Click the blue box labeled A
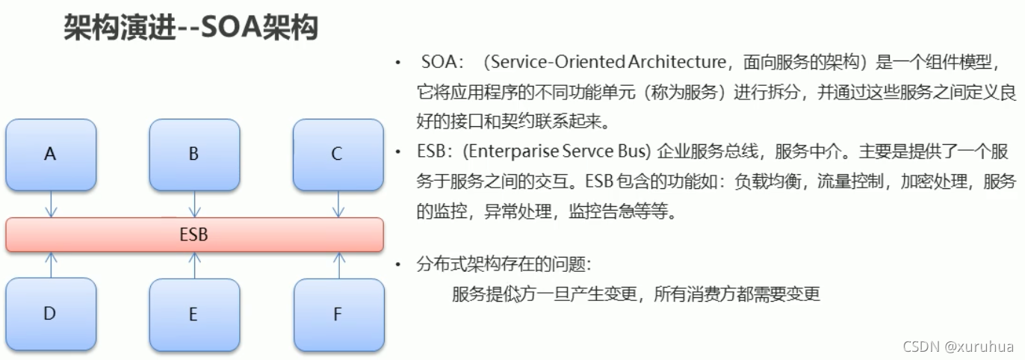pos(51,154)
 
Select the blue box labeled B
pos(194,154)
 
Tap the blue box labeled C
pos(337,154)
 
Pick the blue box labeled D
pos(51,314)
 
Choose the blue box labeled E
pos(194,314)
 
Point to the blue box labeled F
pos(337,314)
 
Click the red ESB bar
pos(194,235)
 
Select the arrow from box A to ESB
pos(51,203)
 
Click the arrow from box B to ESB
pos(194,203)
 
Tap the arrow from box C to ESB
pos(338,203)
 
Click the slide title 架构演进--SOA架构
pos(191,28)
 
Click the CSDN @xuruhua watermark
pos(959,347)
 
